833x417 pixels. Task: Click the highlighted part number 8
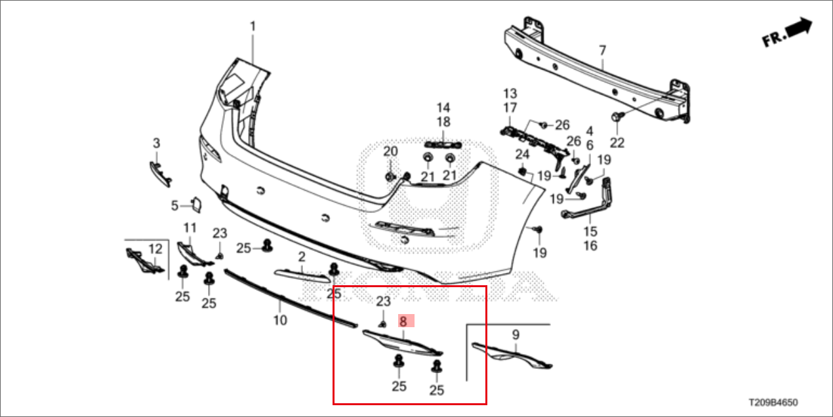(403, 321)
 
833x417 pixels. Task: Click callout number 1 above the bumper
(253, 27)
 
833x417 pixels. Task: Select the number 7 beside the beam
(602, 50)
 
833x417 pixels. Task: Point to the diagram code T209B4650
(773, 402)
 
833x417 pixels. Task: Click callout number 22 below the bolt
(617, 142)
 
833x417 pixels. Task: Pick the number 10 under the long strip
(280, 321)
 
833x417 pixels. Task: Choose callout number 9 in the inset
(516, 335)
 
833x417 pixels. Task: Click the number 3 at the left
(156, 143)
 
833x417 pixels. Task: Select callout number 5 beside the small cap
(175, 206)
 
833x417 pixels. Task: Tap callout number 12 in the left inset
(155, 248)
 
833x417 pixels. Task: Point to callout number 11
(190, 228)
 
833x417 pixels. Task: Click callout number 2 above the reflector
(302, 256)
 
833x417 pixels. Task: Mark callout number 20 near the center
(390, 151)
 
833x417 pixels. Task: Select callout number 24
(521, 155)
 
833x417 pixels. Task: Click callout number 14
(444, 107)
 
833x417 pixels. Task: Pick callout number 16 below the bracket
(590, 246)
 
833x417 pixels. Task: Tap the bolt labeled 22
(617, 117)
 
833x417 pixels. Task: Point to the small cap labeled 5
(195, 205)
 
